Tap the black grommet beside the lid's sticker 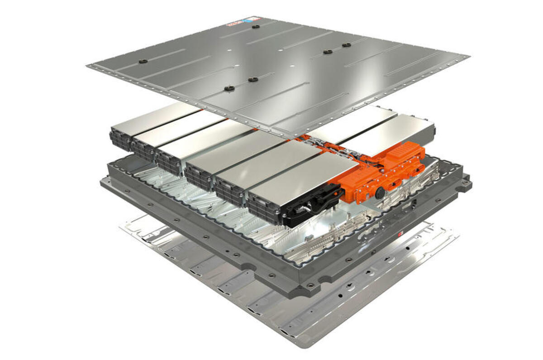click(256, 26)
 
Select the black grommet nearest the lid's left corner click(143, 61)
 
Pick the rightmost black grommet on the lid click(347, 45)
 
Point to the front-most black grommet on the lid click(230, 88)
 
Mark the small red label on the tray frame click(400, 235)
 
